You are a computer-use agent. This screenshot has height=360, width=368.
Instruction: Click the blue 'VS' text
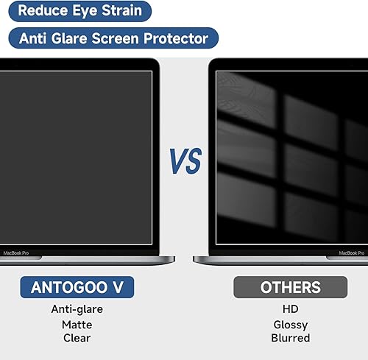(x=185, y=160)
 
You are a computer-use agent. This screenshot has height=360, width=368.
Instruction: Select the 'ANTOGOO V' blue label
(x=77, y=286)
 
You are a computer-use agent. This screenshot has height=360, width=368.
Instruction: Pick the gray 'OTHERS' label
(x=290, y=286)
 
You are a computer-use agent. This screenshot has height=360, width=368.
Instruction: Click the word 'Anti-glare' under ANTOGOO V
(x=77, y=309)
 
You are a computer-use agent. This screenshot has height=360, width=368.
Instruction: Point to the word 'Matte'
(x=77, y=324)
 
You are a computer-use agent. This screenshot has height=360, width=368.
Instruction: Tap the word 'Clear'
(x=77, y=338)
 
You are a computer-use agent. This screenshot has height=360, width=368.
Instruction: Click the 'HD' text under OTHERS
(x=290, y=309)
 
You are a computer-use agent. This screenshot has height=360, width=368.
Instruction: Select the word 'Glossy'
(x=290, y=324)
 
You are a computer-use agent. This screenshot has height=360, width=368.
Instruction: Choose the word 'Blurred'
(x=290, y=338)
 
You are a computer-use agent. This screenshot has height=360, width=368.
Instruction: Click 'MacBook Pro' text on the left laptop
(x=16, y=252)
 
